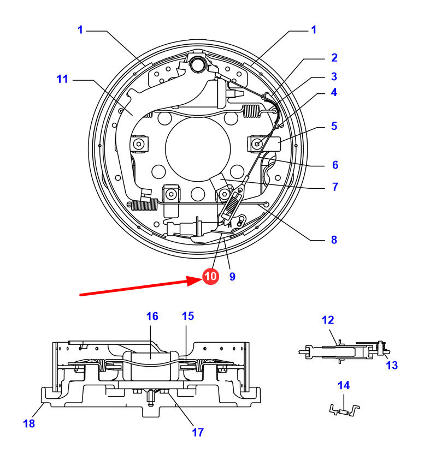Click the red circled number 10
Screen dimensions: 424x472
(210, 276)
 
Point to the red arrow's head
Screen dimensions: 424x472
(195, 281)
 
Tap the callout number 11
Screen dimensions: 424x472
(62, 79)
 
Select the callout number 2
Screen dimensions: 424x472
(334, 58)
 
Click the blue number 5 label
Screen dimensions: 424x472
(334, 126)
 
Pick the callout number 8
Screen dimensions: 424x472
(334, 240)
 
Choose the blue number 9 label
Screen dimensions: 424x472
(232, 277)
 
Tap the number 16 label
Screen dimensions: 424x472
(152, 316)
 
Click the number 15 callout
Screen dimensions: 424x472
(188, 316)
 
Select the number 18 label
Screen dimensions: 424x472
(29, 424)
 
